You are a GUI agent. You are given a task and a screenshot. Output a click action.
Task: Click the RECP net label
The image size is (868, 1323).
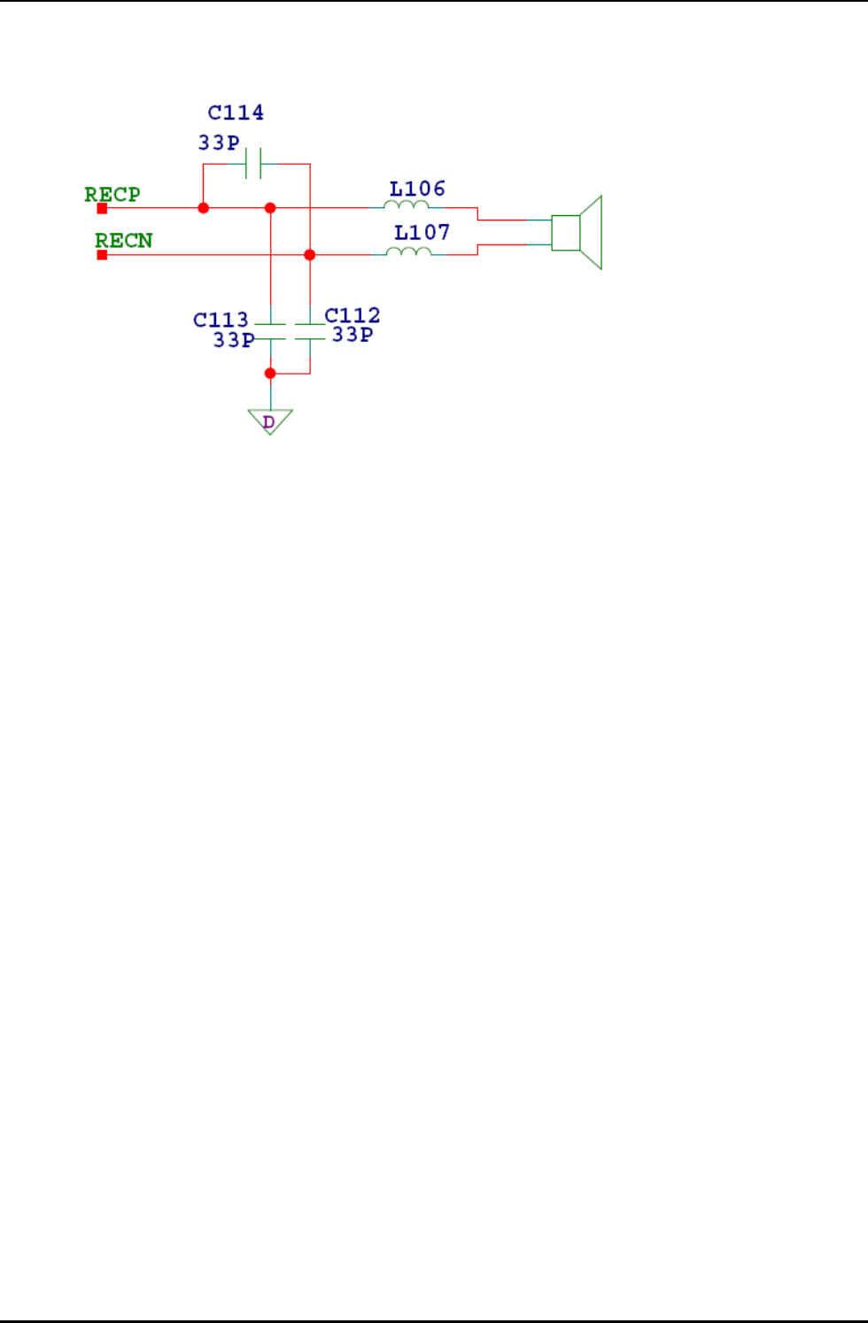pos(112,194)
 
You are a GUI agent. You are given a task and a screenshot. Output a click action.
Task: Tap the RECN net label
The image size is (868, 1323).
pos(124,240)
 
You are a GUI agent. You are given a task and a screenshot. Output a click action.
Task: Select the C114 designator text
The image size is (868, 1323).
pos(236,112)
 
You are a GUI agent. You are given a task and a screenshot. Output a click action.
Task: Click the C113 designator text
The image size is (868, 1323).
pos(221,320)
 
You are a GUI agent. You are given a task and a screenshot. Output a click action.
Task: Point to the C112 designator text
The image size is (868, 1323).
pos(353,315)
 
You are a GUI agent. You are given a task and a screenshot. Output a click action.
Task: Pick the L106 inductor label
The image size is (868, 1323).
pos(417,189)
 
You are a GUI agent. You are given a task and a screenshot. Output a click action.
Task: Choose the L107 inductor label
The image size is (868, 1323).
pos(422,232)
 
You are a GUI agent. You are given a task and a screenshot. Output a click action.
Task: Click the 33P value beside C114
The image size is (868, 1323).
pos(219,143)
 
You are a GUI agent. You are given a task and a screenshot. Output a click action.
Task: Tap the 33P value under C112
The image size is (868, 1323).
pos(353,335)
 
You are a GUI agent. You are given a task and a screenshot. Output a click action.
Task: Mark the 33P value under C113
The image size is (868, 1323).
pos(234,340)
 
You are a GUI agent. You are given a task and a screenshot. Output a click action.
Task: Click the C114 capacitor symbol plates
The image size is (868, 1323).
pos(253,164)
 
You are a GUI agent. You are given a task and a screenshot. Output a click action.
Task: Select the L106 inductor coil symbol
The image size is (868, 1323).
pos(407,205)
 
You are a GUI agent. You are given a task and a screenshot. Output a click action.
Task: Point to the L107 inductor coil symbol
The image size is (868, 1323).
pos(409,252)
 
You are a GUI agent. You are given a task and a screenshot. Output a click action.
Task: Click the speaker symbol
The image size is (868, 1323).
pos(577,232)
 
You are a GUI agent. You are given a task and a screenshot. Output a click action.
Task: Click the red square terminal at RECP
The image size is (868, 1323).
pos(102,208)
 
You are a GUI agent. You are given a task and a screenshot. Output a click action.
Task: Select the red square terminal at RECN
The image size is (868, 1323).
pos(102,255)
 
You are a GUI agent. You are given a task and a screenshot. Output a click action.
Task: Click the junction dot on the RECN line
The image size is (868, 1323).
pos(309,255)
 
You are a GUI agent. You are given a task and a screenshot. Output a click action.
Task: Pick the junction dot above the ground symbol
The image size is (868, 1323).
pos(270,374)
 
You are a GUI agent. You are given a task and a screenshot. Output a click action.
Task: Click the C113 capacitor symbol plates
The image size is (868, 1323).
pos(270,332)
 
